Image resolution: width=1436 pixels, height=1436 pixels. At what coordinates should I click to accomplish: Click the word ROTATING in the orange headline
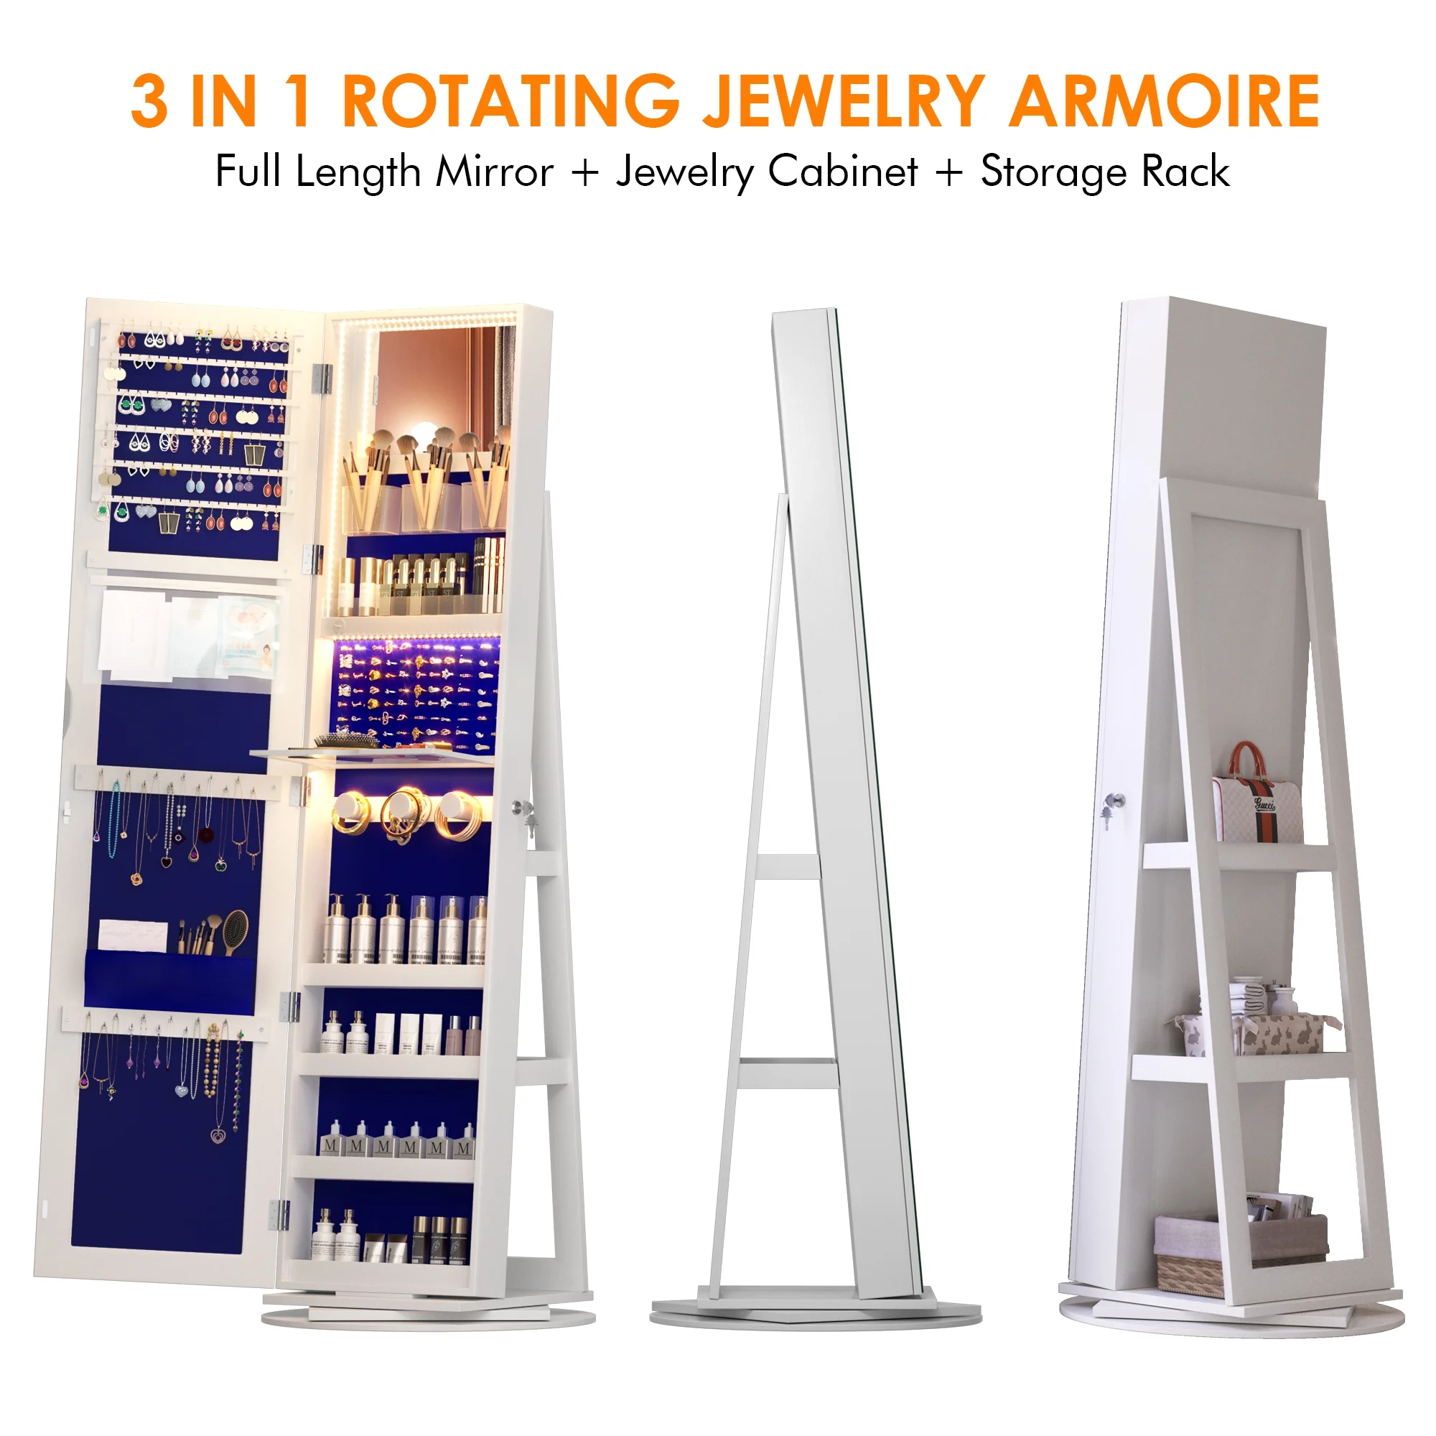point(510,101)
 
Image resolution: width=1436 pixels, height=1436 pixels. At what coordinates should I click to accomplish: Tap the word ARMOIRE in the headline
point(1164,101)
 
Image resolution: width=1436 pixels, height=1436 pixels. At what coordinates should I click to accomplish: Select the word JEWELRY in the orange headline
point(844,101)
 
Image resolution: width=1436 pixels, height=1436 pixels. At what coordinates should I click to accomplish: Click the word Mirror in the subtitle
point(494,172)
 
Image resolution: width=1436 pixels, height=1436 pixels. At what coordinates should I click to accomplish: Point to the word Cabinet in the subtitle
point(843,172)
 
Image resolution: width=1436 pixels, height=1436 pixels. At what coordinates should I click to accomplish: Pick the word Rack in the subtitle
point(1185,172)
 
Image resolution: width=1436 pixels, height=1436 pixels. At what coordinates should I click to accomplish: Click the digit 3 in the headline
point(149,101)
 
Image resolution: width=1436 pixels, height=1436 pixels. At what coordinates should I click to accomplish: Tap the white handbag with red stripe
point(1257,796)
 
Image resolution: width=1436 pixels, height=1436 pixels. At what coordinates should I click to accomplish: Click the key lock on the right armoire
point(1113,803)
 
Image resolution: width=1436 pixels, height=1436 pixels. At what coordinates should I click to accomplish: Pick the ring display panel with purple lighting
point(417,694)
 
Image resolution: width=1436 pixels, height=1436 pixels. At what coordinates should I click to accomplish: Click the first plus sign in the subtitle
point(586,172)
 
